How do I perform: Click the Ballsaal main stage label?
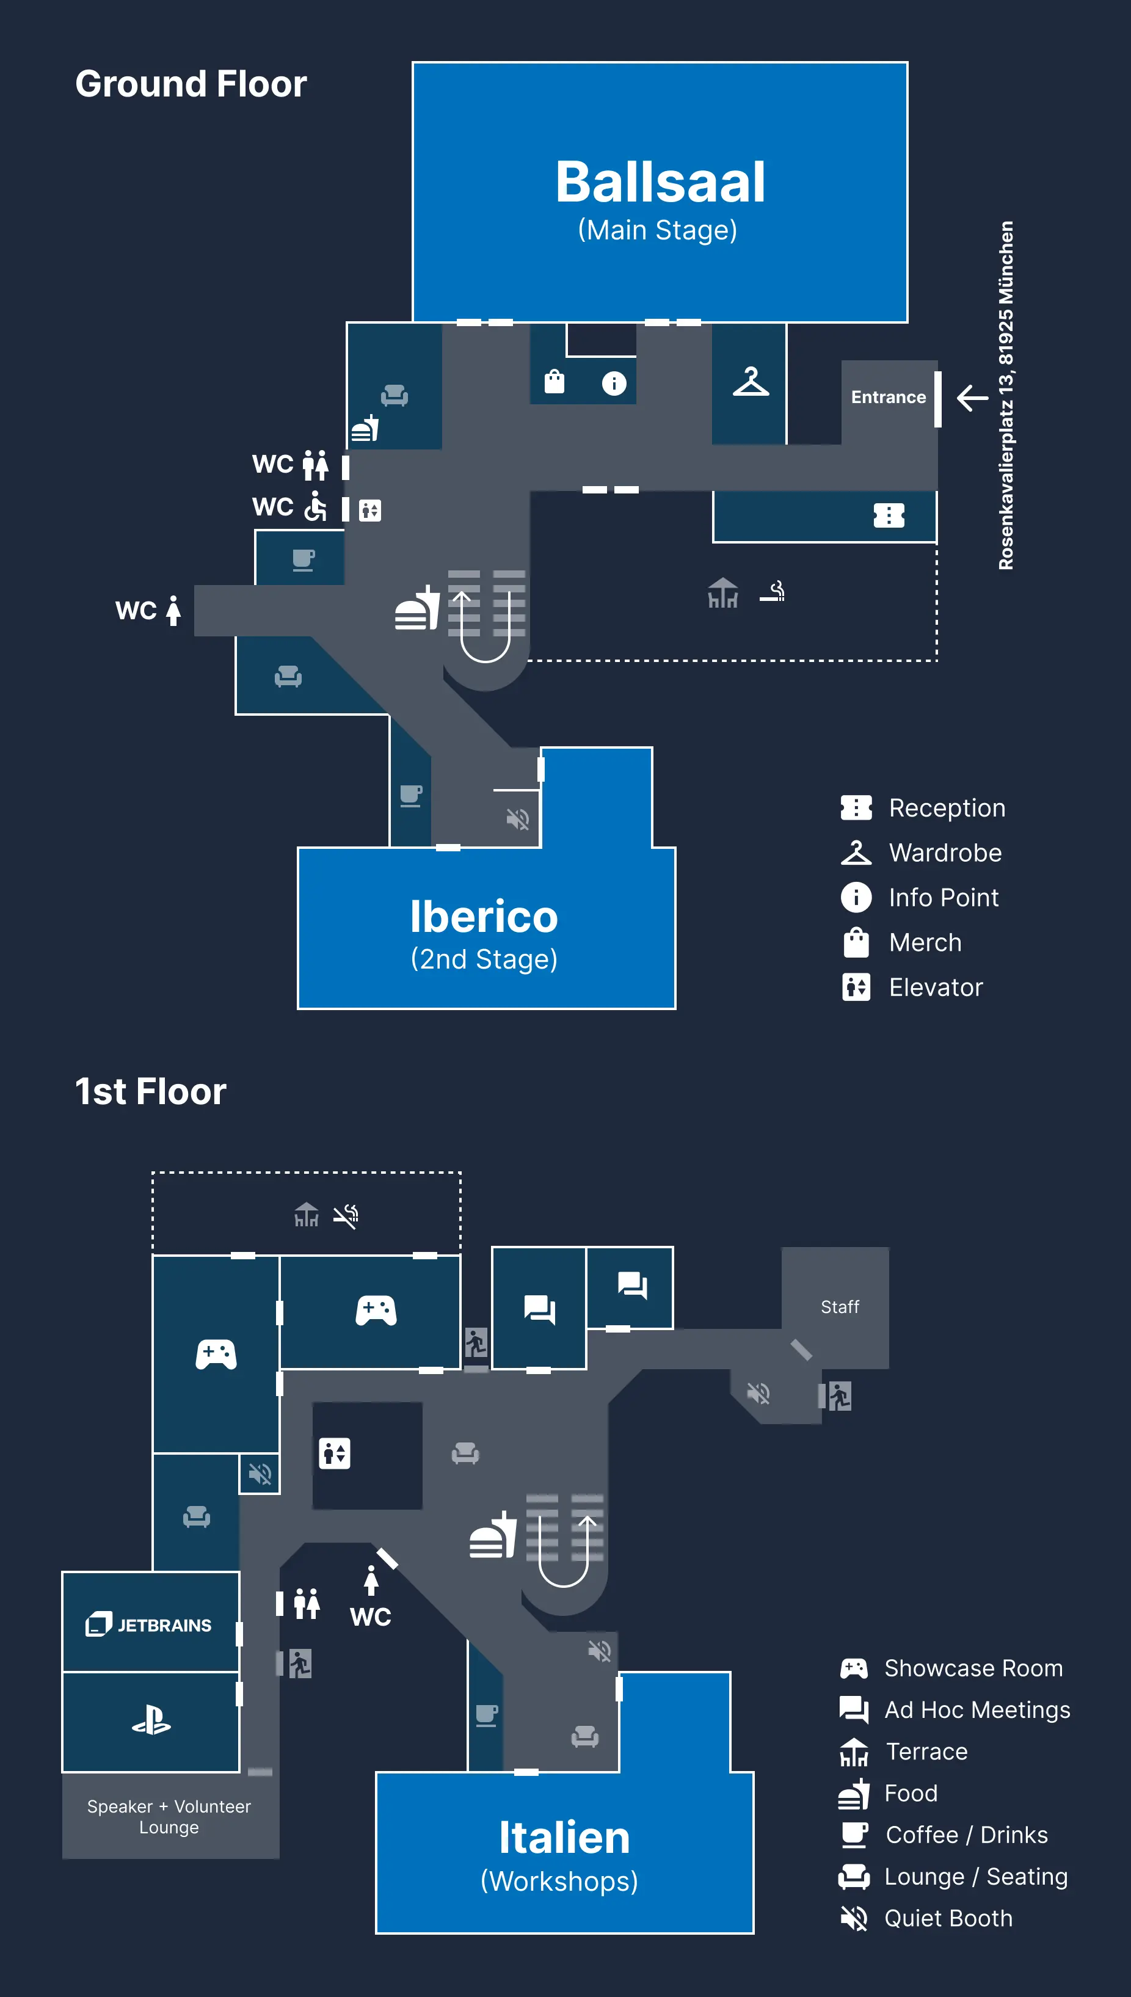660,183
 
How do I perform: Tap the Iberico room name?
484,917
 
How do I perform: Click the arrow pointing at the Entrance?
972,398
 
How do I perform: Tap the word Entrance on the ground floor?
888,398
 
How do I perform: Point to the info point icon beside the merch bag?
614,383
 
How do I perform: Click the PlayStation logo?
151,1720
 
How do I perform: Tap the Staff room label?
840,1308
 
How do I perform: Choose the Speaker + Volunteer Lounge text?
169,1817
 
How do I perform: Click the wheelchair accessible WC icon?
315,506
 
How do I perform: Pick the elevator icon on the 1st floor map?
335,1453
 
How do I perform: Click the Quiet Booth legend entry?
948,1918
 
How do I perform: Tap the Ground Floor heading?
191,84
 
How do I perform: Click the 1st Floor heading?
151,1091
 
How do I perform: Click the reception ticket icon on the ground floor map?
889,515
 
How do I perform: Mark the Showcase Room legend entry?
973,1668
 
